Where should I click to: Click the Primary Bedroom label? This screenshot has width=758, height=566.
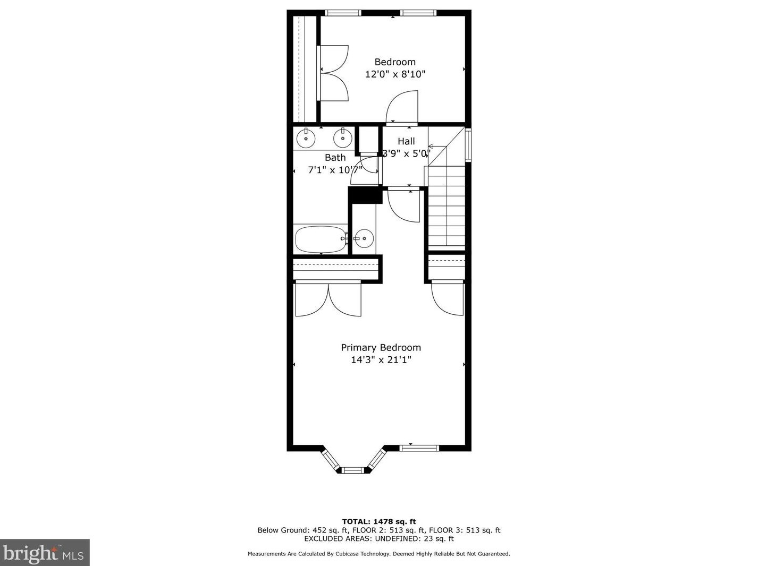click(x=381, y=347)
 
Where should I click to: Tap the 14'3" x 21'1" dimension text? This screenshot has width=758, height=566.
click(x=381, y=360)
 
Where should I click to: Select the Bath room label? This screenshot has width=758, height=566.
click(x=335, y=158)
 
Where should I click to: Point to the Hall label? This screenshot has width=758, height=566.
click(x=406, y=141)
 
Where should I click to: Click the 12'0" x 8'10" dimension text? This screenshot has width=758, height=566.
click(x=395, y=74)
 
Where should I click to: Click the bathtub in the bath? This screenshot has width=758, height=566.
click(x=319, y=239)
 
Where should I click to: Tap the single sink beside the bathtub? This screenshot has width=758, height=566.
click(x=364, y=238)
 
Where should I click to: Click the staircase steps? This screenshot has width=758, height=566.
click(x=447, y=207)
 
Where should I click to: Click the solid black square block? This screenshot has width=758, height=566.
click(x=365, y=195)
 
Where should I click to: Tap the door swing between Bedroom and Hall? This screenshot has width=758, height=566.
click(x=402, y=108)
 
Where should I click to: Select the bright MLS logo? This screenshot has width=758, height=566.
click(x=45, y=553)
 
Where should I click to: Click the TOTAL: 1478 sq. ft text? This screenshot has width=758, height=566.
click(x=378, y=521)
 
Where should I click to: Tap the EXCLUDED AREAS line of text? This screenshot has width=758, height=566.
click(x=378, y=538)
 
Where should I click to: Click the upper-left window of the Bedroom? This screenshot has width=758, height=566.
click(x=343, y=13)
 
